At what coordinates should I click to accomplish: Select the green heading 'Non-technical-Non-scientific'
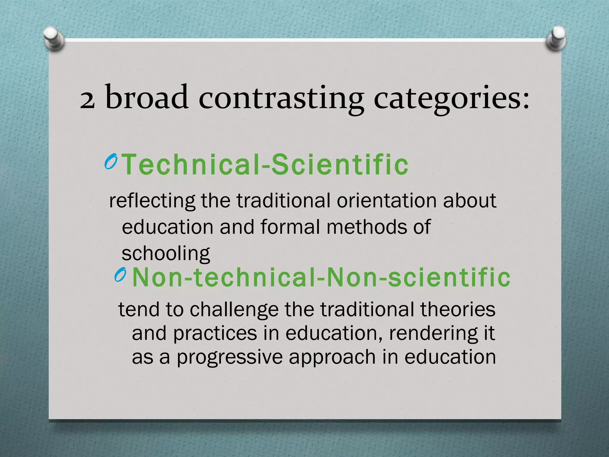click(321, 277)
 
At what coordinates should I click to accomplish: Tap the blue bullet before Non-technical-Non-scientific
click(121, 275)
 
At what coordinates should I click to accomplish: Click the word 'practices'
click(215, 334)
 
